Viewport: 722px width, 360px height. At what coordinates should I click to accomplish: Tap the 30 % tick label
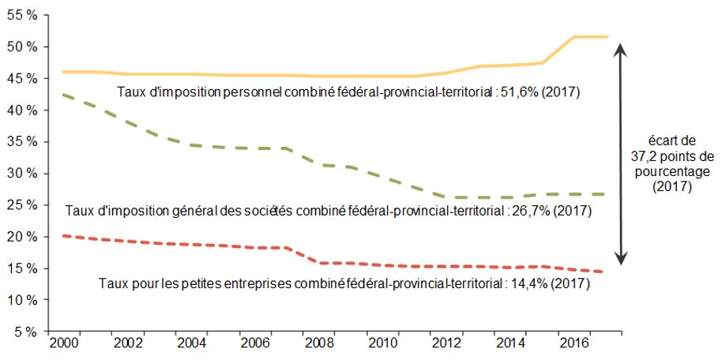(x=23, y=174)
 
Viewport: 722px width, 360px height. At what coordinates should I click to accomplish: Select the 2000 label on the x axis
(x=63, y=344)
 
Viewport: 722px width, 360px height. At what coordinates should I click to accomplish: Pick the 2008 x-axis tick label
(x=318, y=344)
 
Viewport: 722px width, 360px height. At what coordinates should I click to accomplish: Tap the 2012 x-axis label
(x=446, y=344)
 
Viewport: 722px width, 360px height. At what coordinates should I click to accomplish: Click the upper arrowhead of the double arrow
(x=622, y=49)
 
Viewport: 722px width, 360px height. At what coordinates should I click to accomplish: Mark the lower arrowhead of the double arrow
(x=622, y=260)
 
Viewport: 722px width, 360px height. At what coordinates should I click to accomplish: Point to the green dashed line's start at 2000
(x=63, y=95)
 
